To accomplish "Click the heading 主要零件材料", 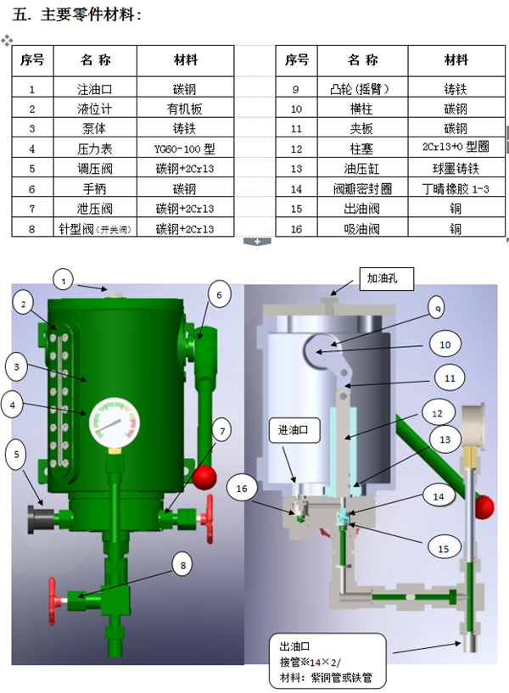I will (x=85, y=14).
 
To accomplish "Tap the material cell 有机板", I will (x=185, y=109).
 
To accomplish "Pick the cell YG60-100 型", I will (x=185, y=148).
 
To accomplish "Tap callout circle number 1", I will (x=65, y=277).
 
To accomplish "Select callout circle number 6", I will (x=219, y=294).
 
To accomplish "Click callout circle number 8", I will (x=183, y=562).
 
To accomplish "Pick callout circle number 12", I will (x=437, y=413).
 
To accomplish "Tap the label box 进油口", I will (x=294, y=430).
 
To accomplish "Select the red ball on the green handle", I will (x=204, y=478).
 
